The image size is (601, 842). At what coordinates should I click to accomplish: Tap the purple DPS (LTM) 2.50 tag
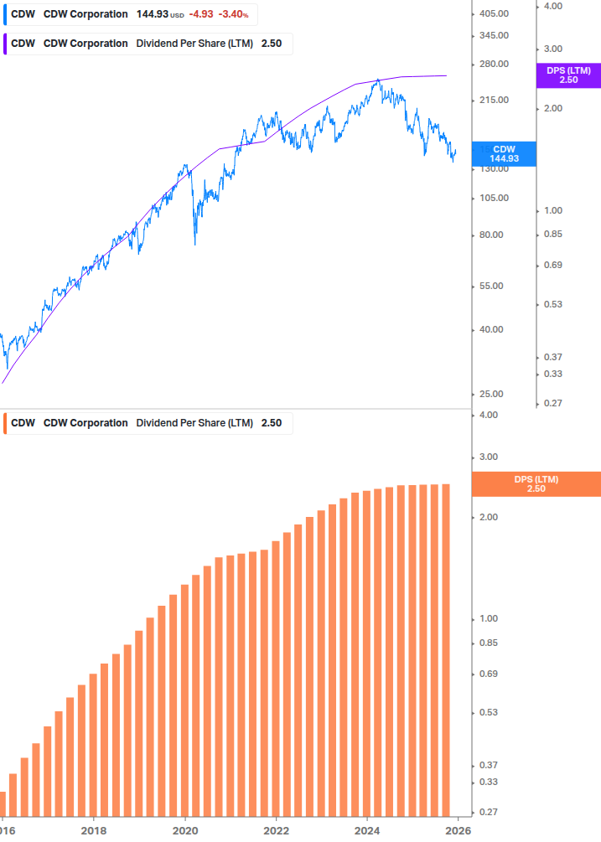[567, 75]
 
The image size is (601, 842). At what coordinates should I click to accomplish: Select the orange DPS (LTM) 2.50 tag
[536, 483]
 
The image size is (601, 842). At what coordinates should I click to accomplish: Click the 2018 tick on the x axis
[94, 831]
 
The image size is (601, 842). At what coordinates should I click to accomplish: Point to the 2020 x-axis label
[185, 831]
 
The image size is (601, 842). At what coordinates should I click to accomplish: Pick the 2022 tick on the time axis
[276, 831]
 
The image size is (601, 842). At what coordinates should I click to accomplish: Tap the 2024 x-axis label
[367, 831]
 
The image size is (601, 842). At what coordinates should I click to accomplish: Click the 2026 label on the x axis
[457, 831]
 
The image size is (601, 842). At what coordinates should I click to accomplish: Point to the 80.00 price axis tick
[491, 235]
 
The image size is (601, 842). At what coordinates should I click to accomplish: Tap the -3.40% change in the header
[233, 14]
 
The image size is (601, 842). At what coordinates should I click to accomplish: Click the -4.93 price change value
[201, 14]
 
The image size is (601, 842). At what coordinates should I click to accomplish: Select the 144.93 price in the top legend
[153, 14]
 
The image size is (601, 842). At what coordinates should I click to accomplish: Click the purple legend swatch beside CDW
[6, 44]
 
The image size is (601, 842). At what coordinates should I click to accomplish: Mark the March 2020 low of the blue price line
[195, 244]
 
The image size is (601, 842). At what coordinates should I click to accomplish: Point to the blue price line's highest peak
[379, 80]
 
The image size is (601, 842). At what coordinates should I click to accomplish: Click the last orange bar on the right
[446, 653]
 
